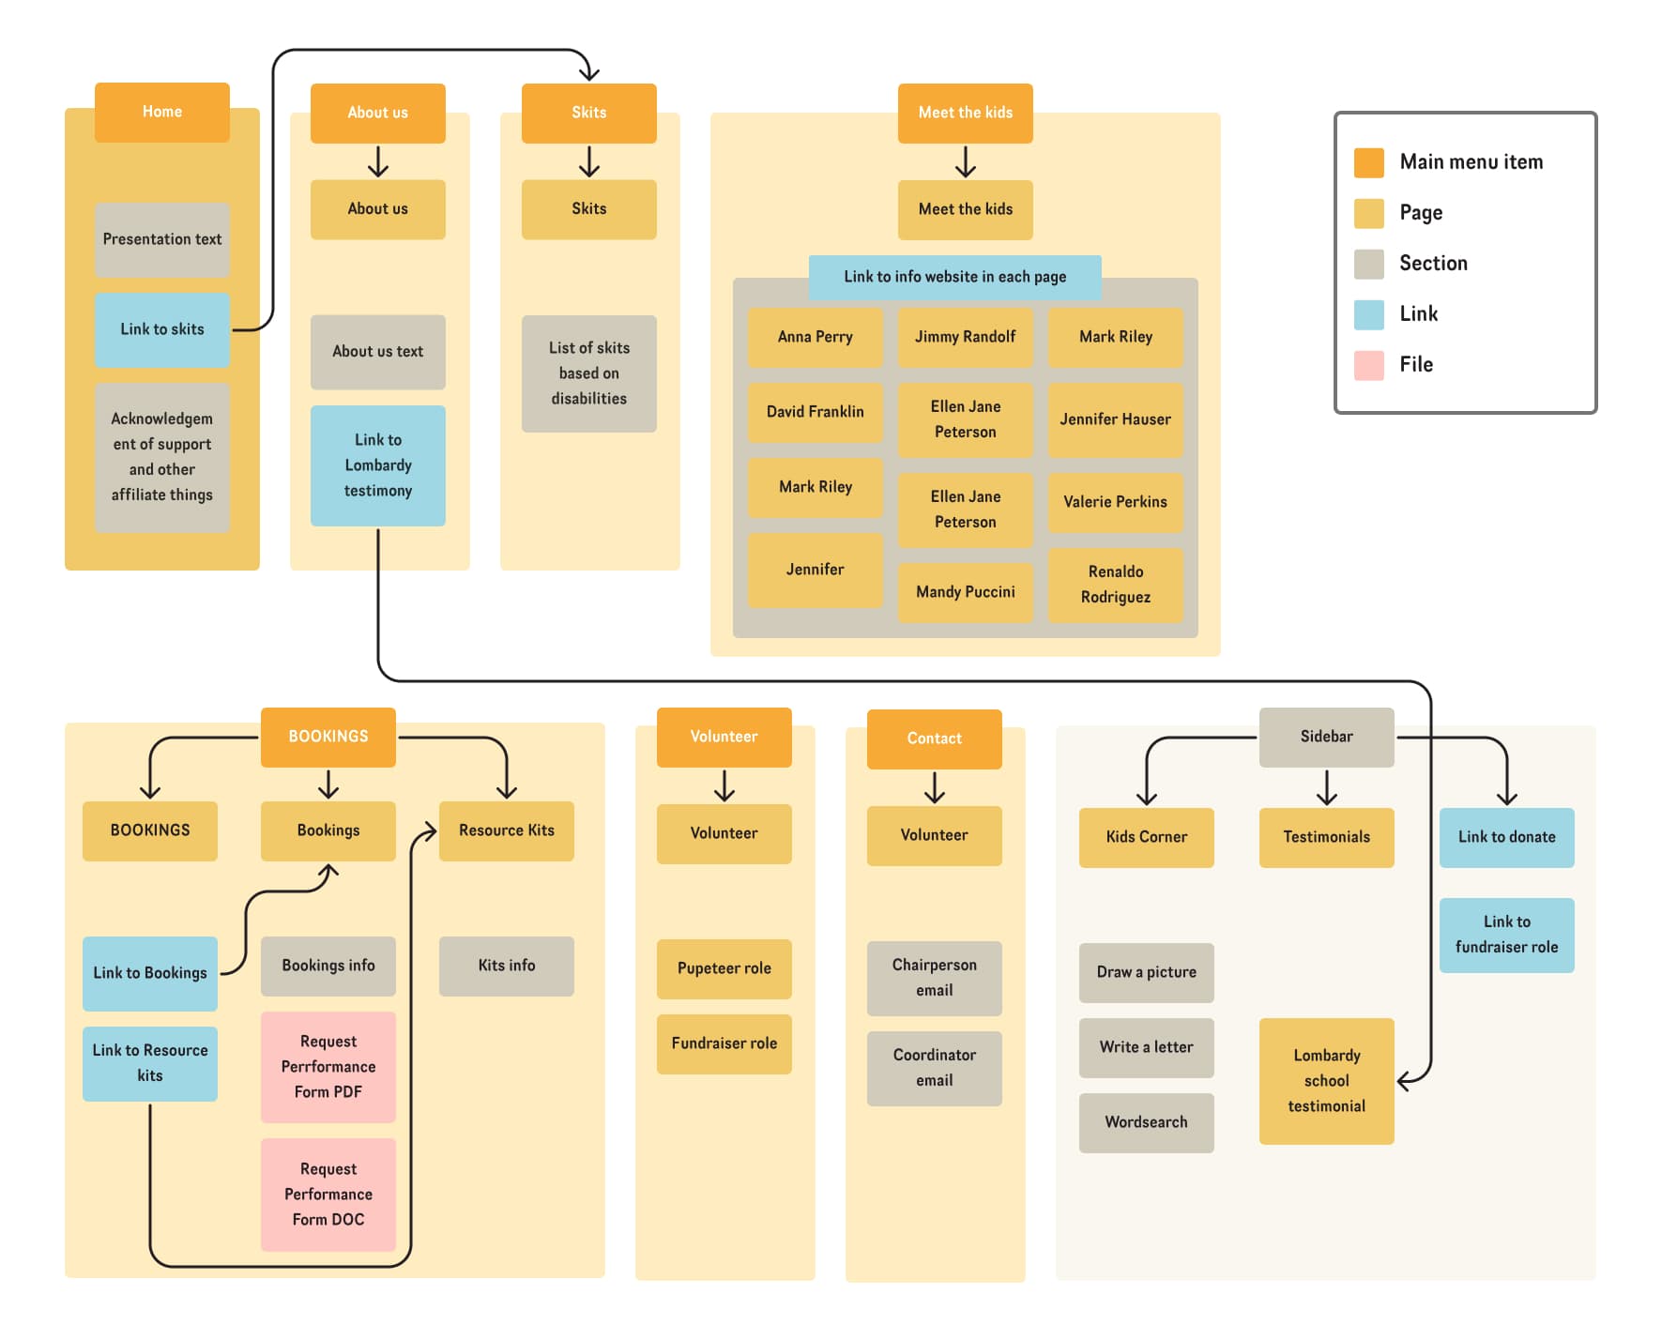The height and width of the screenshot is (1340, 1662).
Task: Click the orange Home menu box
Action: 161,112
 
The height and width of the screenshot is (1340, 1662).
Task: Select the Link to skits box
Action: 161,329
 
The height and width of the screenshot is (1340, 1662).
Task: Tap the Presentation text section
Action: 161,239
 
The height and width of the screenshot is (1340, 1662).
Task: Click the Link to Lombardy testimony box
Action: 377,465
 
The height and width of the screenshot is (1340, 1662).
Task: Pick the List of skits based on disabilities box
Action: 588,373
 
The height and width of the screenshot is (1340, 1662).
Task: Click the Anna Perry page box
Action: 815,337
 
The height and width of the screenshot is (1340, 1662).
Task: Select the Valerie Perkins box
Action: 1115,502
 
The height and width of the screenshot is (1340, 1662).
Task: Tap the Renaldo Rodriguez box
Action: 1115,585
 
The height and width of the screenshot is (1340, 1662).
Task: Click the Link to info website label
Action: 954,277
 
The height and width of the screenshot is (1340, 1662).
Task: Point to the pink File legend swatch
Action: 1368,365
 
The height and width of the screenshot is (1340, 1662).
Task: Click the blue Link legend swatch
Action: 1368,314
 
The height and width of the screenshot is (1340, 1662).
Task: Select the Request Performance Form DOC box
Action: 328,1195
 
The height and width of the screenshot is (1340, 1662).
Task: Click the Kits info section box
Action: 506,966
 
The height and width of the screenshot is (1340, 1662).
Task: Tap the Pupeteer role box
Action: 724,968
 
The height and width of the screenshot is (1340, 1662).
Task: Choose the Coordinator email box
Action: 934,1068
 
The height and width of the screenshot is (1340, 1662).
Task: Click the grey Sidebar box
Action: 1326,737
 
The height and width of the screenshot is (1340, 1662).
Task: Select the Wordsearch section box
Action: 1146,1122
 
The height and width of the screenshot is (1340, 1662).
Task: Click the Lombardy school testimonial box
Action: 1326,1081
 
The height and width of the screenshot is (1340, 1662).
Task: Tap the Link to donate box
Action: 1506,837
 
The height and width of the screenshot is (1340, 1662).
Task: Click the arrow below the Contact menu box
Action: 934,787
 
